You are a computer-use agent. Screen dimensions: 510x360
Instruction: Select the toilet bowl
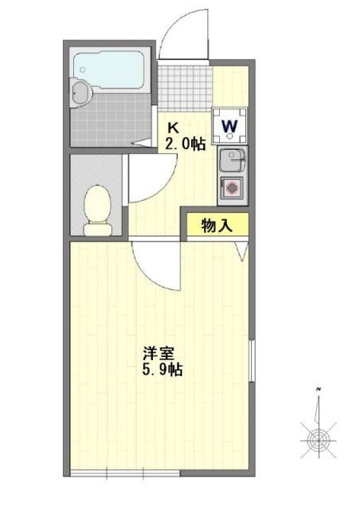pyautogui.click(x=98, y=210)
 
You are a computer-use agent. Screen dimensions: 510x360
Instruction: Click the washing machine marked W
pyautogui.click(x=229, y=124)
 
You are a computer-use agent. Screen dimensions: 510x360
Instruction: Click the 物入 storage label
pyautogui.click(x=217, y=226)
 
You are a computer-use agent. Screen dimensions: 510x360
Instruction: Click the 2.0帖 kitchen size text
pyautogui.click(x=185, y=144)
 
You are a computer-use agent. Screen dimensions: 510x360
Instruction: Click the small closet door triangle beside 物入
pyautogui.click(x=242, y=250)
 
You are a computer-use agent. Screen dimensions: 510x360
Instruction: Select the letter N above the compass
pyautogui.click(x=319, y=388)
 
